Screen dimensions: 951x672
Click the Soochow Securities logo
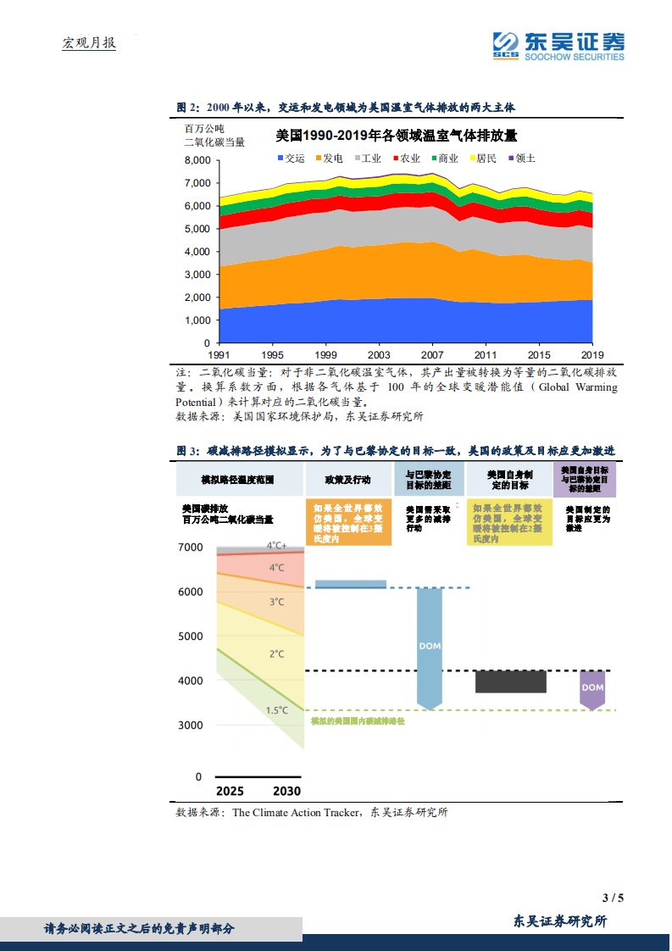[558, 46]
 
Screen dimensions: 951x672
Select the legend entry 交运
[290, 158]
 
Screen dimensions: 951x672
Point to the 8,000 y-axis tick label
[197, 160]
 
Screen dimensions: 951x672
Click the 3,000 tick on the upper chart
[197, 275]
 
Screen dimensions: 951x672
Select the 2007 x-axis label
[432, 354]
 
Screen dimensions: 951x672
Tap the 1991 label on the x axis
[219, 354]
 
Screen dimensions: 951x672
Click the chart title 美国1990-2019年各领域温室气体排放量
[396, 136]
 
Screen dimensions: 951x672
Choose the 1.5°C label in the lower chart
[277, 710]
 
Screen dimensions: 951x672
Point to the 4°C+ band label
[277, 546]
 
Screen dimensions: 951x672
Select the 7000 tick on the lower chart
[190, 548]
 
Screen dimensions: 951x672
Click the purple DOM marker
[592, 687]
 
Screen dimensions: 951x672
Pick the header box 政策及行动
[347, 480]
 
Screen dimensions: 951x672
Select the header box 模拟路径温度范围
[237, 480]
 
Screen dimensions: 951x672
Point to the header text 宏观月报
[89, 42]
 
